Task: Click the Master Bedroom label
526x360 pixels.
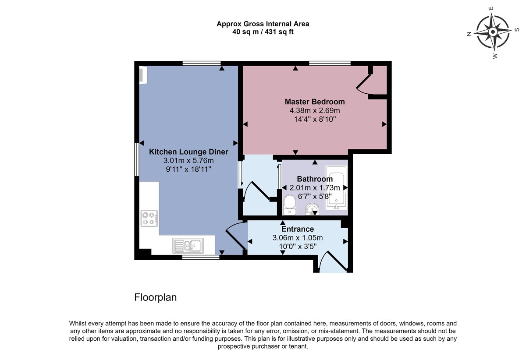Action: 315,102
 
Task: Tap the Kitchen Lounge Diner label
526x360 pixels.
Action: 188,152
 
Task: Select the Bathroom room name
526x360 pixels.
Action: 315,179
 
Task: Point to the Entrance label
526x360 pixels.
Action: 298,229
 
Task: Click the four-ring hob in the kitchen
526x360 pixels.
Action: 149,219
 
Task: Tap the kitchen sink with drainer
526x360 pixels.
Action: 188,246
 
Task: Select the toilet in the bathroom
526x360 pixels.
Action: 290,205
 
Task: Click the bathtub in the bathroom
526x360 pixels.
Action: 336,187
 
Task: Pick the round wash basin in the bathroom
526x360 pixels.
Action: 312,209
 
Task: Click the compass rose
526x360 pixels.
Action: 493,32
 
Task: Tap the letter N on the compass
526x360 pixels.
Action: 469,34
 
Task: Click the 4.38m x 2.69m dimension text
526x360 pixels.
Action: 315,110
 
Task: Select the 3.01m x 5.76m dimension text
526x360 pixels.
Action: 188,161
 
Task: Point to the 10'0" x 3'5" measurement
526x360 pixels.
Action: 298,247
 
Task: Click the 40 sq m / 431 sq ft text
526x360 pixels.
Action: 263,32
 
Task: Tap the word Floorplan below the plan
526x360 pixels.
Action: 155,297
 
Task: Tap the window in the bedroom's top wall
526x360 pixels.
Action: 330,63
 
